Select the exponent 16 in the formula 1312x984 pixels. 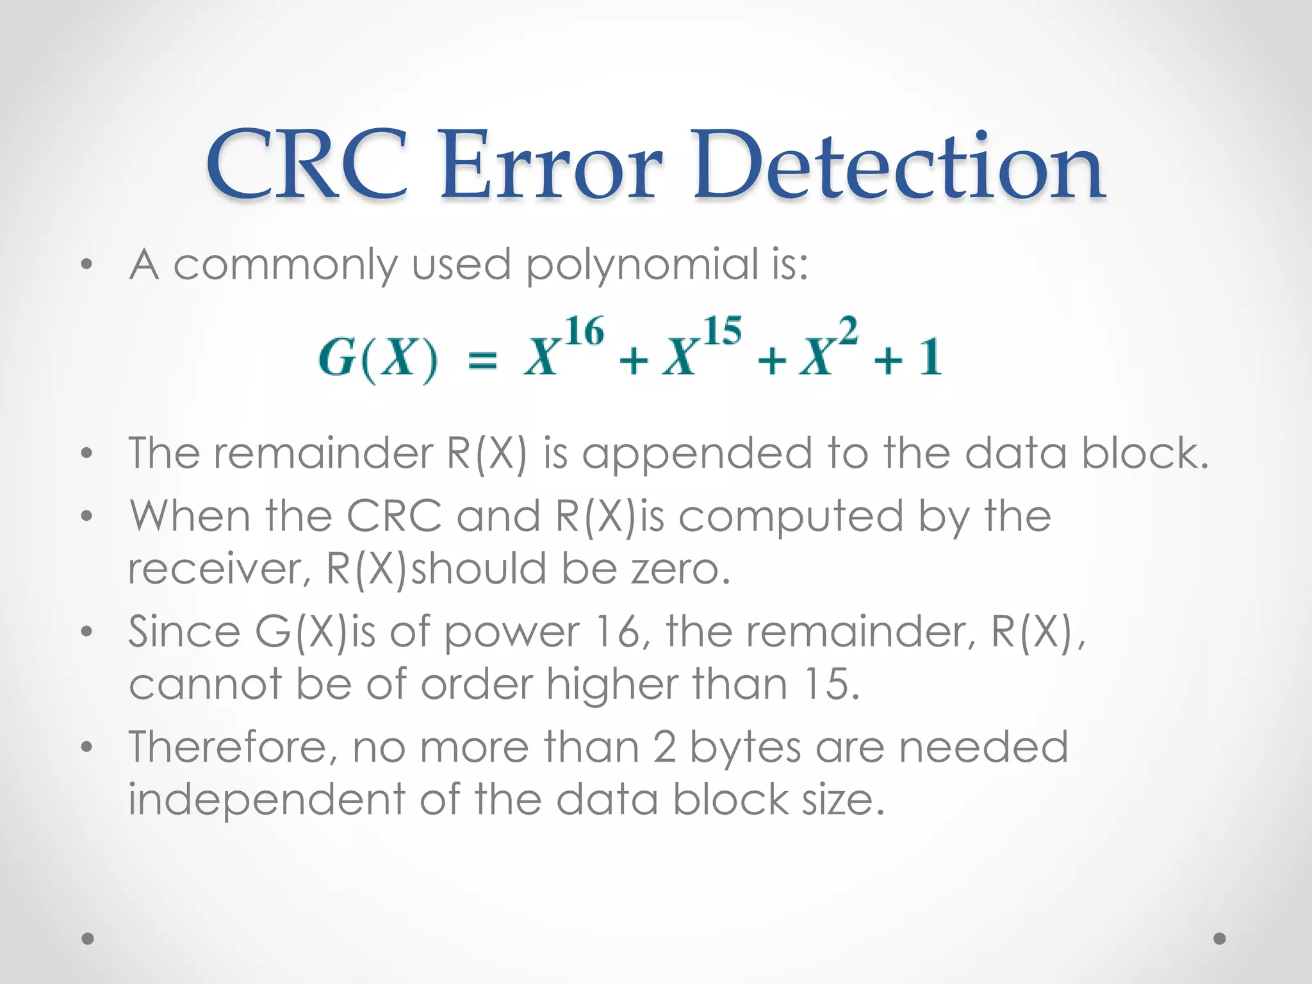pos(585,332)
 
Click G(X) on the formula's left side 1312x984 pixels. pos(378,359)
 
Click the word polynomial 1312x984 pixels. pos(641,265)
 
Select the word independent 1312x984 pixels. pos(266,799)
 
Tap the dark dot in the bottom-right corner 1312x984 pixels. pos(1220,939)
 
